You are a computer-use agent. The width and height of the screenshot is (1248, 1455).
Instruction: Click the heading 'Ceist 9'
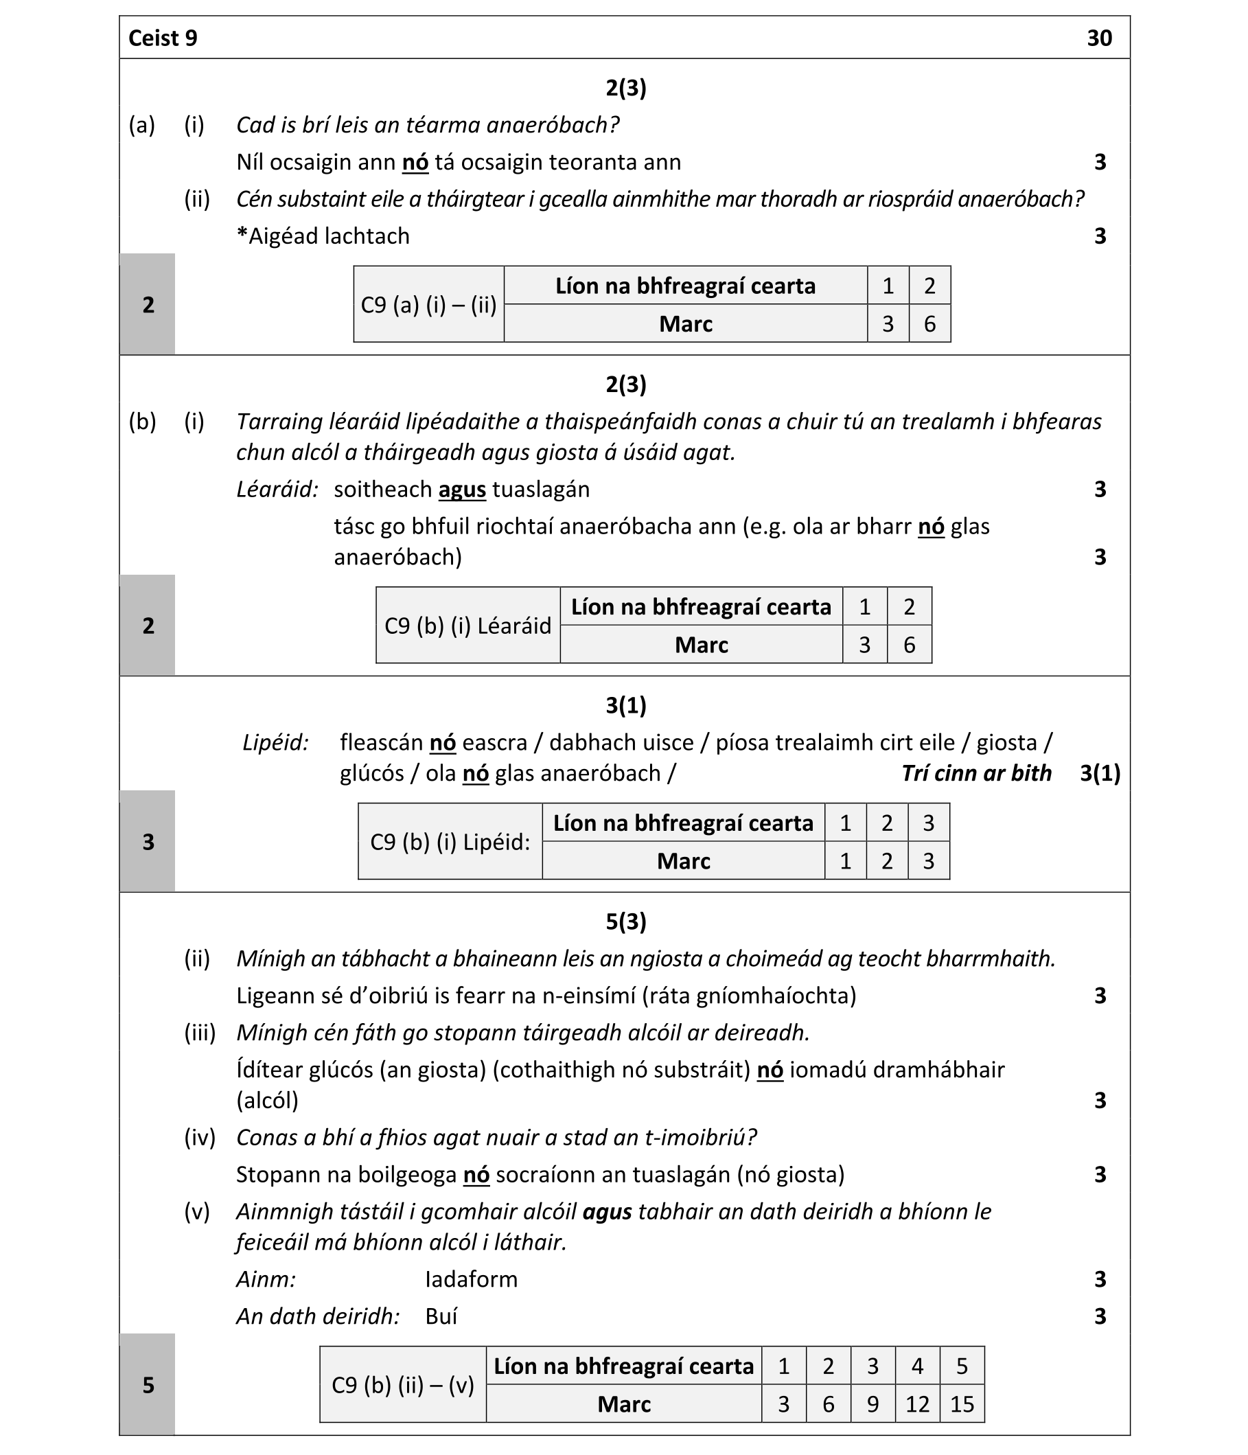click(163, 38)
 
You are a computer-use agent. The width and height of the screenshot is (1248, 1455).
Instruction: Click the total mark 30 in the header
click(1099, 38)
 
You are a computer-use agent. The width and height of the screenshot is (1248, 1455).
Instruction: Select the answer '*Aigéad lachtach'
click(323, 236)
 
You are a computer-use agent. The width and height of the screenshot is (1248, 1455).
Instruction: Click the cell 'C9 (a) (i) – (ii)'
click(429, 305)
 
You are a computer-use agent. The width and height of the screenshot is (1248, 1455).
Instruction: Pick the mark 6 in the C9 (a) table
click(929, 323)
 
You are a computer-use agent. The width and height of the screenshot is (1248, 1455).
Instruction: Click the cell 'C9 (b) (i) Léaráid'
click(467, 626)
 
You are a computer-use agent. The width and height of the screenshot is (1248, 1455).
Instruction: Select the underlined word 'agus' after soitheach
click(462, 490)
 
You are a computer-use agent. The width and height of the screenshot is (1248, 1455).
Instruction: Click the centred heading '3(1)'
click(625, 705)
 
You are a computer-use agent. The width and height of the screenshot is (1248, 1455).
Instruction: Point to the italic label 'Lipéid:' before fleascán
click(276, 742)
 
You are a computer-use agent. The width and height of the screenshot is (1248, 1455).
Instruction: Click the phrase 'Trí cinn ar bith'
click(976, 773)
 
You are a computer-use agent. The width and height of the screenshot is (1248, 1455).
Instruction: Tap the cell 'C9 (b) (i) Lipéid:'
click(450, 842)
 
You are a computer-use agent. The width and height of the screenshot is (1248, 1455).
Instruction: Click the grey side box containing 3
click(148, 842)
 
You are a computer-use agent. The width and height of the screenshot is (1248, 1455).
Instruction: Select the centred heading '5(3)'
click(625, 921)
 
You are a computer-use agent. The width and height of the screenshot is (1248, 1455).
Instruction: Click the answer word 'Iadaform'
click(471, 1279)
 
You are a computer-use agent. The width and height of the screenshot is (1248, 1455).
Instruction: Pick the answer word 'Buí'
click(441, 1316)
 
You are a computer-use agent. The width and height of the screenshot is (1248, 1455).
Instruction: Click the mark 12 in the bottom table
click(917, 1404)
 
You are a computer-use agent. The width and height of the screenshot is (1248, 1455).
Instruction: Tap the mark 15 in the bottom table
click(962, 1404)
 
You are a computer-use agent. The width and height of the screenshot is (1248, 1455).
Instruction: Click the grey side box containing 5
click(148, 1385)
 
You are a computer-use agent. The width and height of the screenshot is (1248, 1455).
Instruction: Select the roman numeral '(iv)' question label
click(199, 1138)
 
